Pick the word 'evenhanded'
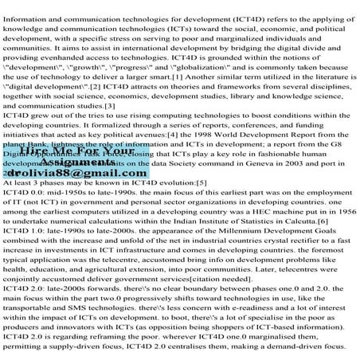pos(65,59)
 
